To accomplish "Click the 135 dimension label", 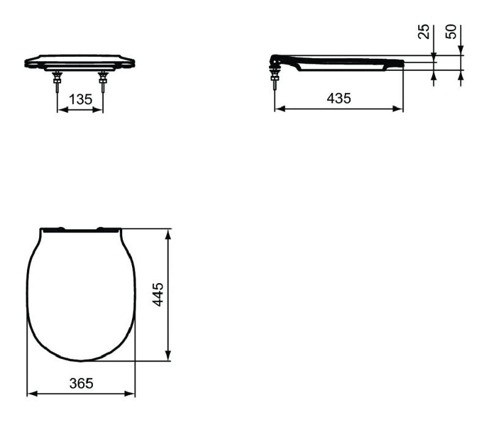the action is coord(81,100).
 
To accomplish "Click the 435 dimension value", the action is coord(339,98).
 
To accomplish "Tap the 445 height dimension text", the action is coord(158,295).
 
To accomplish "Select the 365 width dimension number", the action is coord(81,383).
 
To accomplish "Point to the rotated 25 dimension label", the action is coord(424,32).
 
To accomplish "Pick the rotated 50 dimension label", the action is coord(451,32).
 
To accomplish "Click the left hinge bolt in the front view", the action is coord(57,82).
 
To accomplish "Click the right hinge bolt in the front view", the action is coord(103,82).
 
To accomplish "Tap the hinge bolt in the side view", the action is coord(274,75).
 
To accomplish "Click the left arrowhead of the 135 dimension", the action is coord(63,109).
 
